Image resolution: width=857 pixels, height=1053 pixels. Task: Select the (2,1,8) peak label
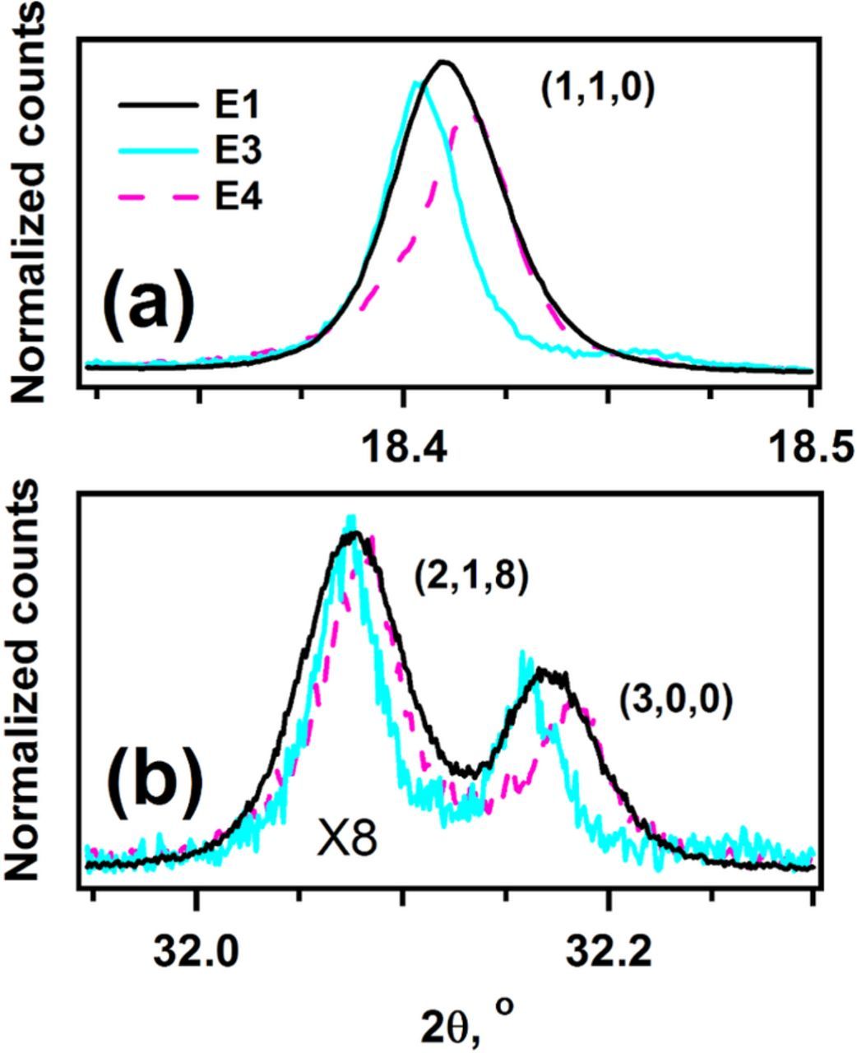point(470,577)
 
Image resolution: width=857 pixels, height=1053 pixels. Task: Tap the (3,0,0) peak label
point(675,703)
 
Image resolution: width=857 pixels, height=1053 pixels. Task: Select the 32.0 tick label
point(196,952)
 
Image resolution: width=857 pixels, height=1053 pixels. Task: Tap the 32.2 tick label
point(608,952)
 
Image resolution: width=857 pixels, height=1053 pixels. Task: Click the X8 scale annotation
point(347,842)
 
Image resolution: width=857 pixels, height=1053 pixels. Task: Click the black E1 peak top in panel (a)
point(443,62)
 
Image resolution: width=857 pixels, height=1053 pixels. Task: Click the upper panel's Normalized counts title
point(31,202)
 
